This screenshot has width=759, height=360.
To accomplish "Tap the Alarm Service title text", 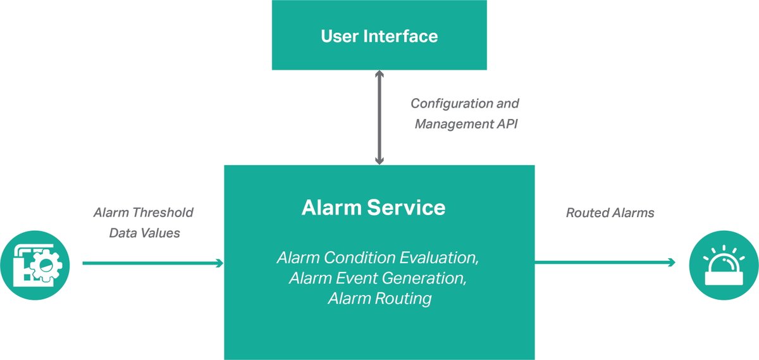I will click(373, 208).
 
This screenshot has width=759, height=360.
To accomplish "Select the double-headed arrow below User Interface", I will click(379, 118).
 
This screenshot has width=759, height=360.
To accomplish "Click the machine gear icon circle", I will click(39, 263).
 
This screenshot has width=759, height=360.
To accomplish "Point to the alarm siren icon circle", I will click(724, 263).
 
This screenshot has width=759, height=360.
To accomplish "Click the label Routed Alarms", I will click(610, 213).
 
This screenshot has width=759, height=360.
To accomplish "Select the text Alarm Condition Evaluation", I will click(377, 258).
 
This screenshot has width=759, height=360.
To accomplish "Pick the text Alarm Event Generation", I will click(379, 278).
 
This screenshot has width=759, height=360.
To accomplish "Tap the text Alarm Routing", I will click(379, 298).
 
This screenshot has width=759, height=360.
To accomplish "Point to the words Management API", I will click(466, 124).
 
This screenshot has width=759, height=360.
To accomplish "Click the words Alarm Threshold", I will click(144, 213).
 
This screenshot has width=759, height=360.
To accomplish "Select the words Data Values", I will click(144, 233).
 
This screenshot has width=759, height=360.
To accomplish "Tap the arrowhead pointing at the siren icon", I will click(671, 262).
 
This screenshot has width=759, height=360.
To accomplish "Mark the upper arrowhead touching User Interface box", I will click(379, 74).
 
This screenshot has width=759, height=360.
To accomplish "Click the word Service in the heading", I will click(409, 208).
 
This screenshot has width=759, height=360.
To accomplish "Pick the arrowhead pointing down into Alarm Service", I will click(379, 161).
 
